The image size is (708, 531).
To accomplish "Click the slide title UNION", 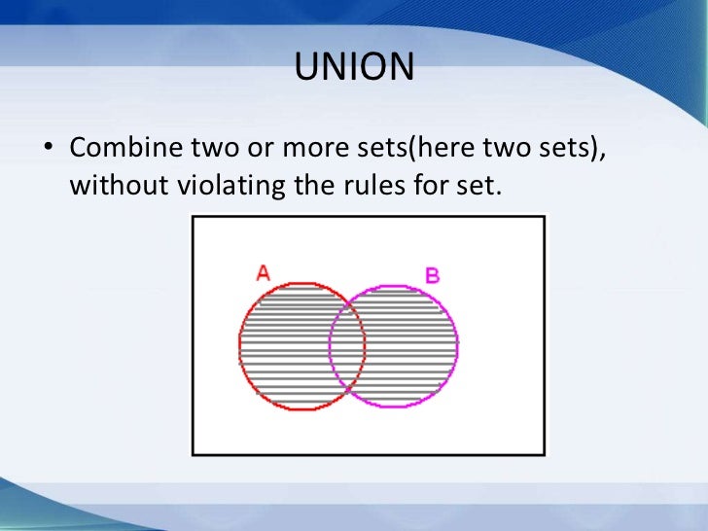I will (354, 68).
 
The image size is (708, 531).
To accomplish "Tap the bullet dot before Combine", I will (46, 151).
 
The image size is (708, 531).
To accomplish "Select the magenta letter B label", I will (432, 275).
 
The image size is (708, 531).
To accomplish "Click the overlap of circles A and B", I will (347, 345).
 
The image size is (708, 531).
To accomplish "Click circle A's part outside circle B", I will (283, 345).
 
